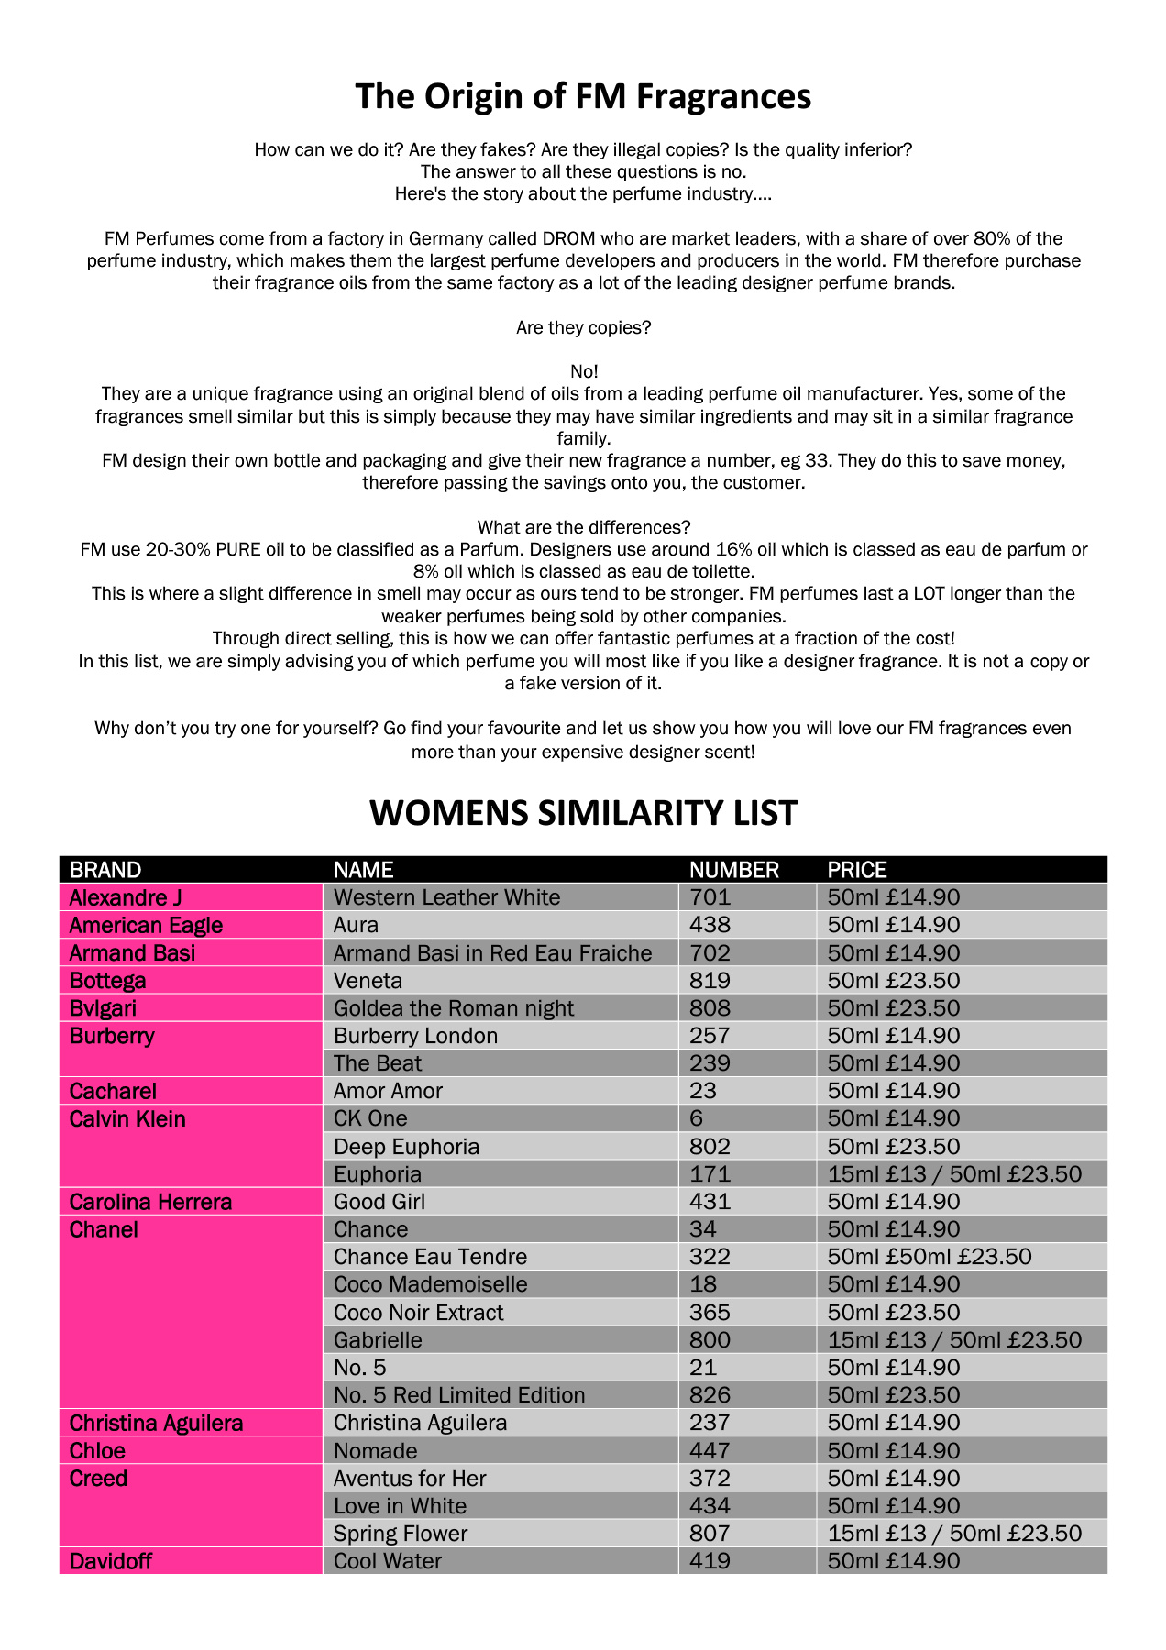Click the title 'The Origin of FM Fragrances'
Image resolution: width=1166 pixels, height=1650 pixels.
[x=583, y=96]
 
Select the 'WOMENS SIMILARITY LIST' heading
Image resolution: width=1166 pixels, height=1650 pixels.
[x=583, y=813]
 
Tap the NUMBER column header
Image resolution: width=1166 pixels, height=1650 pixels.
[x=733, y=870]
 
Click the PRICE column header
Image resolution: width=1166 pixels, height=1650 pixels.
[x=857, y=870]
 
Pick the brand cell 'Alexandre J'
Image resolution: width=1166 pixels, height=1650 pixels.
[x=119, y=897]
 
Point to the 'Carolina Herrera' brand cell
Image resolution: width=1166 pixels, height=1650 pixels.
[x=150, y=1202]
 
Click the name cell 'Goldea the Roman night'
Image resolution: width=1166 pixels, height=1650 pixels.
[x=453, y=1008]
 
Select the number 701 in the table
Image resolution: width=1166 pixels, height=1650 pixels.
[x=709, y=897]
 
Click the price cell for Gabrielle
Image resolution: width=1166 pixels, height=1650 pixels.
[x=953, y=1340]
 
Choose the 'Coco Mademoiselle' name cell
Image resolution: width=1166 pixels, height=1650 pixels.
[x=430, y=1284]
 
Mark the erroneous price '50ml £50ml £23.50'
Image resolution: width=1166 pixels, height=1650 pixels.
[x=929, y=1257]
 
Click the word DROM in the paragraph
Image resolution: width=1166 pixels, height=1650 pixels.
[x=568, y=239]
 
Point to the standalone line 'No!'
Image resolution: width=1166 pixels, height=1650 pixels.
[x=584, y=371]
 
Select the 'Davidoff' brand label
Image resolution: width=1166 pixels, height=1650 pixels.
[x=110, y=1561]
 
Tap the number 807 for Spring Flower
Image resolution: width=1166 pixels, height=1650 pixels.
[x=709, y=1534]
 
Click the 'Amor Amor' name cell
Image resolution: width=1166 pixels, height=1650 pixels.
[x=388, y=1091]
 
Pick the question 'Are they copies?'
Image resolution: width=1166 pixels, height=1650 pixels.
[x=583, y=327]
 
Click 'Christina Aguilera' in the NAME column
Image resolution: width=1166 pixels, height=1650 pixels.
[x=420, y=1423]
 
